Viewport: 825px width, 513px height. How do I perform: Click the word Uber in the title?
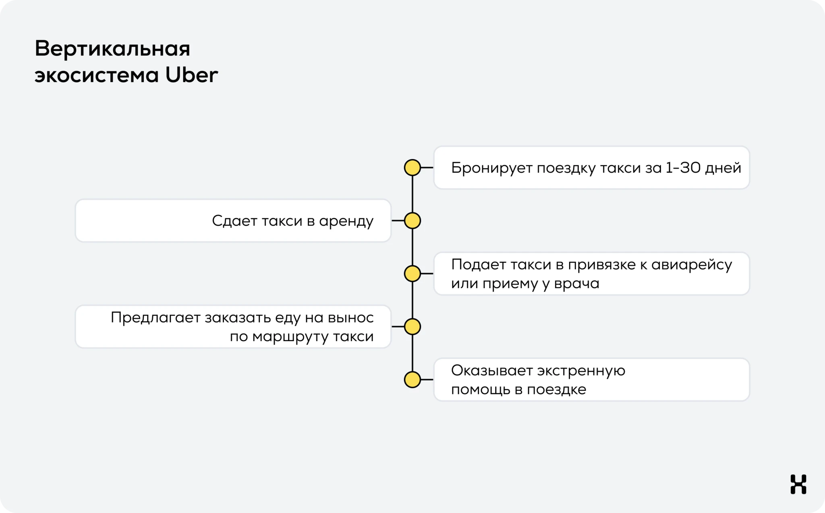click(192, 75)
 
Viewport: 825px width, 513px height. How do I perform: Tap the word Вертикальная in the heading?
click(112, 49)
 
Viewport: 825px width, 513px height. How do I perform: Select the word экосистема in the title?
click(97, 75)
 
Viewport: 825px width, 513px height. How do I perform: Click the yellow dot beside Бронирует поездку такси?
click(412, 167)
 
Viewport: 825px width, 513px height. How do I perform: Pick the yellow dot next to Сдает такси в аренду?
click(412, 220)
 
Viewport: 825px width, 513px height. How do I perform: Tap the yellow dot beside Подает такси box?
click(412, 274)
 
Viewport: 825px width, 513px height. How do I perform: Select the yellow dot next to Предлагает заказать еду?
click(412, 327)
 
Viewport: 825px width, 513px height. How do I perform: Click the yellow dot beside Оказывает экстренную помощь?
click(412, 379)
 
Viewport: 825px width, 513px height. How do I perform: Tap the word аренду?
click(346, 221)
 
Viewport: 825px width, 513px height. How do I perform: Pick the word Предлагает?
click(155, 318)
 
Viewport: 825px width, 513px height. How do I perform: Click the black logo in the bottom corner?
click(798, 484)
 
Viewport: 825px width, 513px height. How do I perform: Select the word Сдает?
click(234, 221)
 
